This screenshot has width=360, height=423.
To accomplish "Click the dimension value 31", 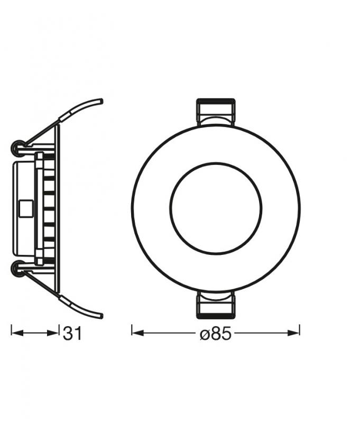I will click(72, 334).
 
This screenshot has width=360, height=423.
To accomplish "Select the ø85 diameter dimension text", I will click(216, 334).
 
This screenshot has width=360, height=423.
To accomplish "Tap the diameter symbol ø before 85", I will click(205, 335).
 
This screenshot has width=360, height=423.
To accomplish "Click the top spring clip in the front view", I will click(216, 112).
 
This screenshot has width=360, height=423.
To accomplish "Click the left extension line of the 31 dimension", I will click(12, 331).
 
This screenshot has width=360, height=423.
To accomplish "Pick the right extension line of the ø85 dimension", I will click(300, 330).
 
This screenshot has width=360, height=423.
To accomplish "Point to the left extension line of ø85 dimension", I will click(132, 330).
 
